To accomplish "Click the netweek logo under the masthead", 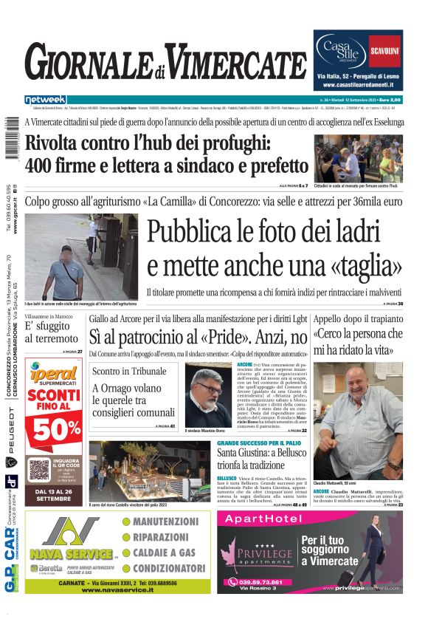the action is (45, 99).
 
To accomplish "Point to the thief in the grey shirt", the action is (66, 269).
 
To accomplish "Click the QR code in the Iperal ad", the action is (39, 468).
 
